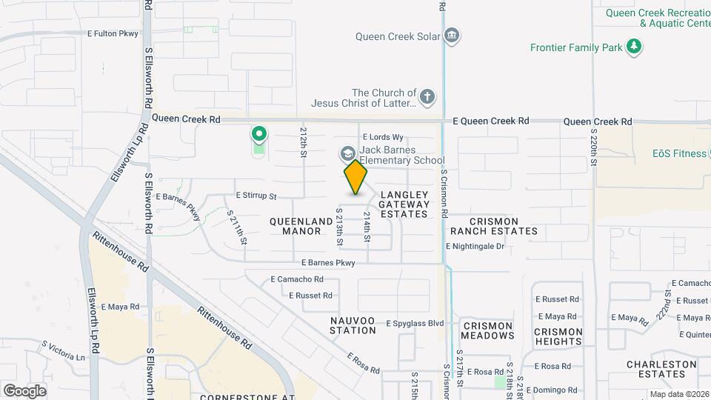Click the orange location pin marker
[x=356, y=176]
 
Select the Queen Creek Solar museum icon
[x=452, y=36]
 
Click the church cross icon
[x=427, y=96]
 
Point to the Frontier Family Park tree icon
[x=633, y=47]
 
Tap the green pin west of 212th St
[x=258, y=135]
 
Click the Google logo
[x=24, y=390]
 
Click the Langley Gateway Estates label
[x=404, y=204]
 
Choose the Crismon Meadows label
[x=488, y=330]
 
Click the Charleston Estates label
[x=661, y=369]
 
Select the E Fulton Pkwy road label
[x=113, y=33]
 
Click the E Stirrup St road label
[x=256, y=196]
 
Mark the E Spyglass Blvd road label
[x=415, y=323]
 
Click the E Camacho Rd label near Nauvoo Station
[x=297, y=279]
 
